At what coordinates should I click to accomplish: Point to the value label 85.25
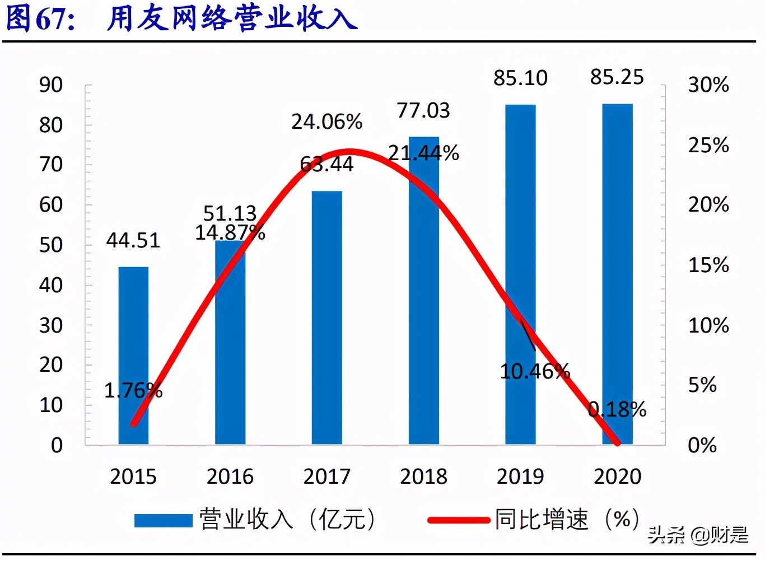[x=617, y=77]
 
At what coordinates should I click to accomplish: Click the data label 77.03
[x=423, y=111]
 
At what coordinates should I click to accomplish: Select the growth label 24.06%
[x=327, y=122]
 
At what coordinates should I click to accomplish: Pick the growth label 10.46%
[x=535, y=371]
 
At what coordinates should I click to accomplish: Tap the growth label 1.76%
[x=133, y=390]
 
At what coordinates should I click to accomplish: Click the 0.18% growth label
[x=617, y=410]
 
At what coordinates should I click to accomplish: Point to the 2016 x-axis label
[x=230, y=476]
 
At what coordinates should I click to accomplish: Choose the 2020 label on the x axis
[x=617, y=476]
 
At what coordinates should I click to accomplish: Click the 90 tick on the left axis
[x=51, y=85]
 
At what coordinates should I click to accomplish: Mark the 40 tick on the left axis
[x=51, y=285]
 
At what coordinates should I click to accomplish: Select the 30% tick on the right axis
[x=708, y=85]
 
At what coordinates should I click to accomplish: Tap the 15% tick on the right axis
[x=708, y=265]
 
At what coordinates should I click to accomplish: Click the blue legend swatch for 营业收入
[x=163, y=520]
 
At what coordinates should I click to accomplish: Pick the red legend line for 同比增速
[x=458, y=520]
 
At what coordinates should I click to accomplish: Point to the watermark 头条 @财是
[x=698, y=535]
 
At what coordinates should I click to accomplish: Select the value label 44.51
[x=133, y=241]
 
